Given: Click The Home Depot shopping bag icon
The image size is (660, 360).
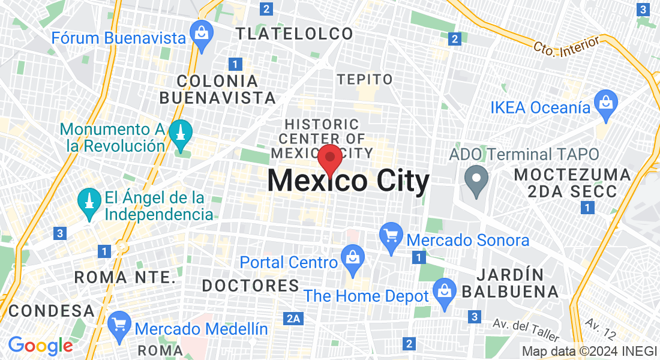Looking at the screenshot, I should click(445, 293).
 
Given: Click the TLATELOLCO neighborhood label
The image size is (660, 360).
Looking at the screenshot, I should click(295, 34).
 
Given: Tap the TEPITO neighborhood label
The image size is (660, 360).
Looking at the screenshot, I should click(365, 79).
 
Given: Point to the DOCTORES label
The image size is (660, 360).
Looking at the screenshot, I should click(250, 286).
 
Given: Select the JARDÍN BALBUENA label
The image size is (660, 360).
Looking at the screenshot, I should click(510, 283).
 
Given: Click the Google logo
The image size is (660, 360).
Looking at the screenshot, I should click(40, 346).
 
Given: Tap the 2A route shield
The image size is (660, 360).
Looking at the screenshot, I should click(293, 319).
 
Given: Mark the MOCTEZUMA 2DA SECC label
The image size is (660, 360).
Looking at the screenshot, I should click(573, 182).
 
